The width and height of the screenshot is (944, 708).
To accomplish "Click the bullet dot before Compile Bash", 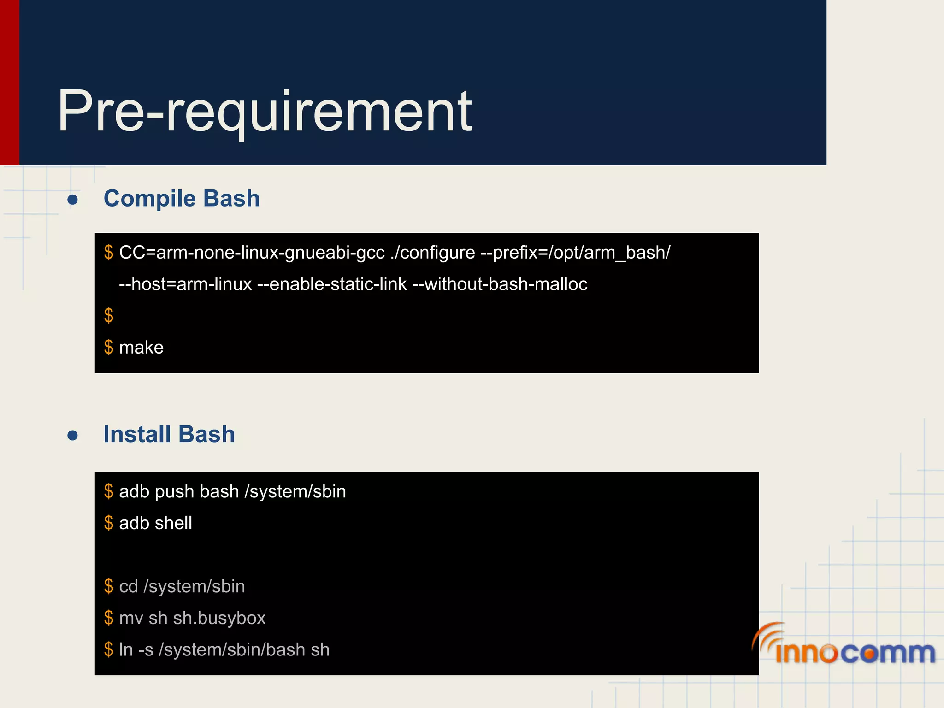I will point(72,200).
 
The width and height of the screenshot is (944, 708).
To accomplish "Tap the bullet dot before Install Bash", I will point(72,435).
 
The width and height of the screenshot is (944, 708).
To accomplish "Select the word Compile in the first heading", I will point(150,199).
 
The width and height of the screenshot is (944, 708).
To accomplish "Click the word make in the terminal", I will point(141,348).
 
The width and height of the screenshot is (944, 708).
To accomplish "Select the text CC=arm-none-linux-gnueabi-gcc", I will point(252,253).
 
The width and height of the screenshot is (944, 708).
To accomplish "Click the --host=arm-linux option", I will point(185,284).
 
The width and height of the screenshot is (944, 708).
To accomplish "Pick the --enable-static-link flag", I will point(332,284).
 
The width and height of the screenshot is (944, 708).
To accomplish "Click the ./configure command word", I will point(432,253).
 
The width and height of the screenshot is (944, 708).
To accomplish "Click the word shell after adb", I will point(174,523).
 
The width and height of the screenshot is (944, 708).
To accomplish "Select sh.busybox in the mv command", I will point(219,618).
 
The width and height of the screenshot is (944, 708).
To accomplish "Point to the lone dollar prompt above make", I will point(109,316).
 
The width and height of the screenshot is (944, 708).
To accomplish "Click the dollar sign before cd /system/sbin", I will point(109,586).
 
